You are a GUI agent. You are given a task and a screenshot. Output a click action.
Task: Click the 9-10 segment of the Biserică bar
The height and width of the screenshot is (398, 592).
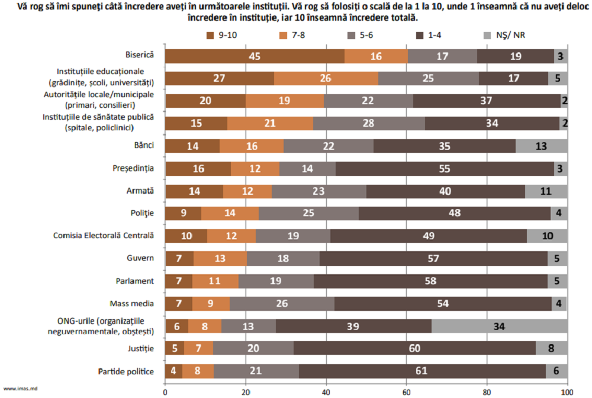pyautogui.click(x=255, y=56)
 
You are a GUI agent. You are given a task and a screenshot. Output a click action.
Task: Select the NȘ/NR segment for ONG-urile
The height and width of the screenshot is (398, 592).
pyautogui.click(x=499, y=326)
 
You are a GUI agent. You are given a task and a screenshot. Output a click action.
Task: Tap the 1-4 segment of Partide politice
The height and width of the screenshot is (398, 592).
pyautogui.click(x=422, y=371)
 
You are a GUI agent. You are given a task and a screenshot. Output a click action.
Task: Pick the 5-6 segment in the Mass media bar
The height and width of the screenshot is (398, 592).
pyautogui.click(x=282, y=304)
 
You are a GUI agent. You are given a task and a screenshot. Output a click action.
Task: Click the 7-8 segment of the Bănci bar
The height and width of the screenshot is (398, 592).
pyautogui.click(x=251, y=146)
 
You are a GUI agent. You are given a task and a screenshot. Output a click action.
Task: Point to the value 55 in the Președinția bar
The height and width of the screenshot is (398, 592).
pyautogui.click(x=445, y=169)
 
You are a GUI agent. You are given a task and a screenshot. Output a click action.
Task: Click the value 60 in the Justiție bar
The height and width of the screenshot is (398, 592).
pyautogui.click(x=414, y=349)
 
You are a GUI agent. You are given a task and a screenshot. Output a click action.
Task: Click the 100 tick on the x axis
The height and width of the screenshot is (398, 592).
pyautogui.click(x=567, y=391)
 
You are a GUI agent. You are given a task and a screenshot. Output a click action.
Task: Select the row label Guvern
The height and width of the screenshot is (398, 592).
pyautogui.click(x=141, y=258)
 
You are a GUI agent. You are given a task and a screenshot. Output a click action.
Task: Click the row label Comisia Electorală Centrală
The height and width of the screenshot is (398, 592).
pyautogui.click(x=104, y=236)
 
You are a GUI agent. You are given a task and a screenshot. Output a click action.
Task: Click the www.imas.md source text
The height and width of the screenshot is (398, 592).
pyautogui.click(x=17, y=388)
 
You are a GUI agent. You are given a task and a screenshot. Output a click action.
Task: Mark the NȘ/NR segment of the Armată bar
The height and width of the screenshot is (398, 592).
pyautogui.click(x=546, y=191)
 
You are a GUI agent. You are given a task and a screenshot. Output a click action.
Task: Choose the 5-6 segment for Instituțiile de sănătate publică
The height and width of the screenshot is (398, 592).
pyautogui.click(x=369, y=124)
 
